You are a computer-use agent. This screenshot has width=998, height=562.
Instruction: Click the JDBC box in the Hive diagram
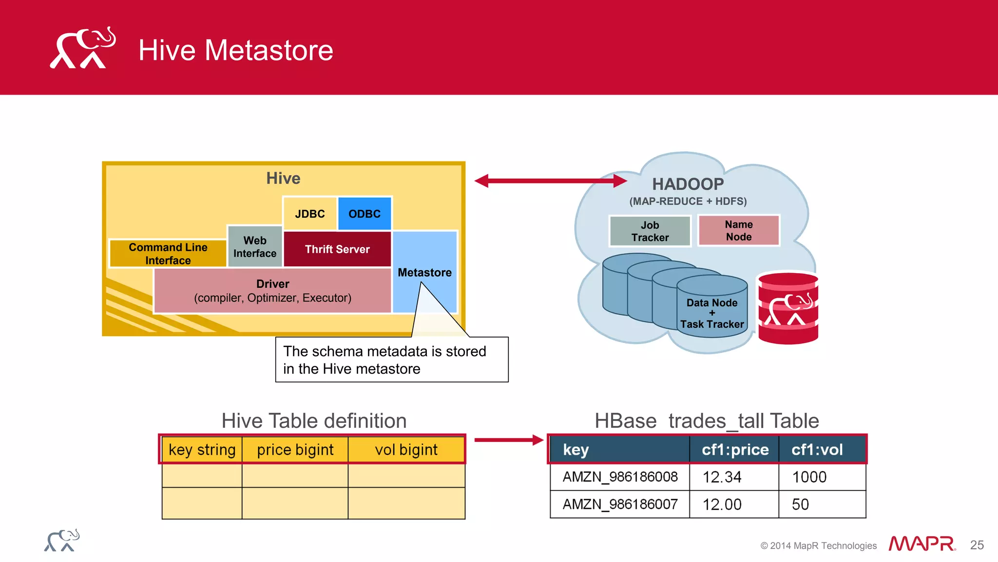coord(310,214)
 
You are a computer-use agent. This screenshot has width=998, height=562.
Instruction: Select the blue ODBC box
coord(365,214)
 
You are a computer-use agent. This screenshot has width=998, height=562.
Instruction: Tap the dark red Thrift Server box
coord(337,249)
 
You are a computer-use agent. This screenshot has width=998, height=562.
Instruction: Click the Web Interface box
coord(255,247)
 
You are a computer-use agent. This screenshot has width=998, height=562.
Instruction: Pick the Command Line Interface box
coord(168,254)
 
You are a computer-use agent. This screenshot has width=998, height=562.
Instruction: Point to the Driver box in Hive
coord(273,290)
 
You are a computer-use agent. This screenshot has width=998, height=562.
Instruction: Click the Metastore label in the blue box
coord(424,272)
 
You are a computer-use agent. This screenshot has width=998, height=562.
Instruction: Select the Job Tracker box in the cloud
coord(650,231)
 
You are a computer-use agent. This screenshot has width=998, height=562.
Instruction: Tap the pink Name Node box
coord(739,230)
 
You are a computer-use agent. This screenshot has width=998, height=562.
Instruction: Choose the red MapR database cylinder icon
coord(788,309)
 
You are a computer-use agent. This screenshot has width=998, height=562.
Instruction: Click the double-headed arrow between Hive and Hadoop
coord(551,181)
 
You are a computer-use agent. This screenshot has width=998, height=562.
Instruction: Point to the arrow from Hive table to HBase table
coord(508,440)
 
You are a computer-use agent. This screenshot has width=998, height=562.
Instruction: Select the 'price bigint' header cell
coord(295,449)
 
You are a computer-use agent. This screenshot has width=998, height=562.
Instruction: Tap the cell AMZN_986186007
coord(620,504)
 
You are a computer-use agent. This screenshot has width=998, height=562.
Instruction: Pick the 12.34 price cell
coord(722,477)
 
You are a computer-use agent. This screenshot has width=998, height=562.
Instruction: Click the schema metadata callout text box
coord(392,360)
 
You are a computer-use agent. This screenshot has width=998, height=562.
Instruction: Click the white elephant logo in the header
coord(82,49)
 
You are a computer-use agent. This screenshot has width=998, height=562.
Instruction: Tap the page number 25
coord(977,545)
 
